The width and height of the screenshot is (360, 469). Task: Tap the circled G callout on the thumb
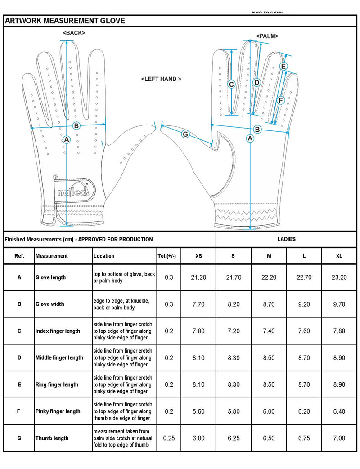(185, 134)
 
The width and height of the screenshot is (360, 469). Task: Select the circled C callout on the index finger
(232, 84)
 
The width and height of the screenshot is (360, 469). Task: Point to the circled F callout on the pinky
(281, 100)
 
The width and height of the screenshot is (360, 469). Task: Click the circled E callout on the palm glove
(283, 67)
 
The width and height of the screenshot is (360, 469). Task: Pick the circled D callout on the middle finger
(256, 82)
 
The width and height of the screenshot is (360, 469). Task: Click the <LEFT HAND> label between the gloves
(161, 79)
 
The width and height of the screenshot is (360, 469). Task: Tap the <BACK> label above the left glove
(74, 33)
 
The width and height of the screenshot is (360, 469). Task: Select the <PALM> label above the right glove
(267, 36)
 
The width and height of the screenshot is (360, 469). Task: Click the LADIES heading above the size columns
(287, 239)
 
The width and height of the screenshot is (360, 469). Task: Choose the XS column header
(198, 256)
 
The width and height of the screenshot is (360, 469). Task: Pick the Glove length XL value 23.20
(339, 277)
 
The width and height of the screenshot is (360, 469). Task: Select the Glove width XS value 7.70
(198, 304)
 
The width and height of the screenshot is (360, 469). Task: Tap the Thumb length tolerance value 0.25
(169, 438)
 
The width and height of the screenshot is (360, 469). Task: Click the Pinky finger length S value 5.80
(234, 411)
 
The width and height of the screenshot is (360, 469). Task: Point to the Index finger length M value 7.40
(269, 331)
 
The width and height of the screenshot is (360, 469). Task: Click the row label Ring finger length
(57, 384)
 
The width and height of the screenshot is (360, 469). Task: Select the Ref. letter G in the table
(19, 438)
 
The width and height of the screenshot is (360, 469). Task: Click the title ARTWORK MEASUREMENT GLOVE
(65, 21)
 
